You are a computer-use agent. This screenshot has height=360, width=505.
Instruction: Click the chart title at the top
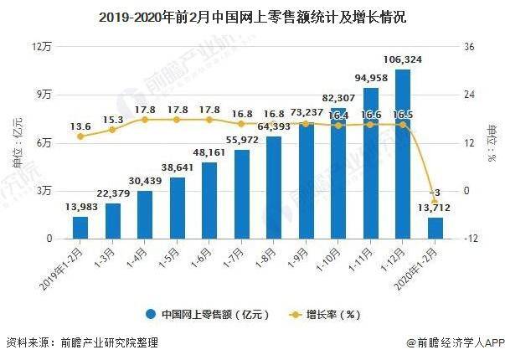[252, 17]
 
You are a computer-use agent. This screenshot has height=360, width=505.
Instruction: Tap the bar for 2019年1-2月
[80, 228]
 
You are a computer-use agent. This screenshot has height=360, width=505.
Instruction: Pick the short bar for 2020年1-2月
[435, 228]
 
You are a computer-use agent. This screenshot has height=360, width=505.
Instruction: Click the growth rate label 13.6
[80, 126]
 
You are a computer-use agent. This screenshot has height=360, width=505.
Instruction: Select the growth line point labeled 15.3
[113, 130]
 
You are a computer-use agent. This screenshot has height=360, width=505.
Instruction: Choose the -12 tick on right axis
[472, 239]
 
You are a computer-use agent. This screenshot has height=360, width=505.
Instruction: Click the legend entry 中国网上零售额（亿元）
[206, 315]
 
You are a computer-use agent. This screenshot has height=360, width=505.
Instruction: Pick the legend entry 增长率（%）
[324, 315]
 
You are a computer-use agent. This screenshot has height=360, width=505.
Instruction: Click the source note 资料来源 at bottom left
[81, 343]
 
